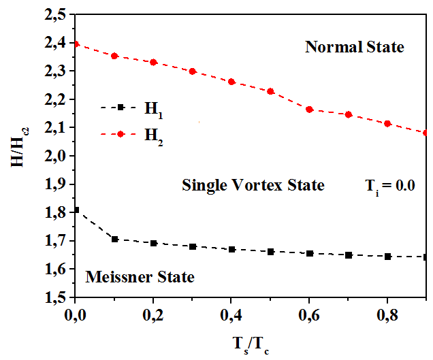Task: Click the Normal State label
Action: [x=354, y=48]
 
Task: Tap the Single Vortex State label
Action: [x=253, y=185]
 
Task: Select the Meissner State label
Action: [x=140, y=277]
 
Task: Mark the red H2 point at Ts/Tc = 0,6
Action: [x=310, y=110]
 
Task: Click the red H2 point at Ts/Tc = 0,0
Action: [x=76, y=44]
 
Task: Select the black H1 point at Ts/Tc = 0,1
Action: [x=115, y=240]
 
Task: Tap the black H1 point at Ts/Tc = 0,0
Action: [x=76, y=210]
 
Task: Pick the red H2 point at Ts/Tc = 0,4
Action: [x=231, y=82]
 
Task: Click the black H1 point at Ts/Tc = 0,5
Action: [x=271, y=252]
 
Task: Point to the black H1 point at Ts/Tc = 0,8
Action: [x=388, y=257]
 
